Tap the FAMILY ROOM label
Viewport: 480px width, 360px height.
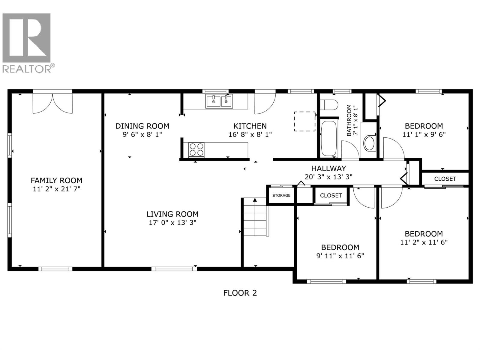[x=56, y=181]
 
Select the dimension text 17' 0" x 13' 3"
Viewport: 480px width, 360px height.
[x=172, y=223]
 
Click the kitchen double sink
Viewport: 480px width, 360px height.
[x=219, y=101]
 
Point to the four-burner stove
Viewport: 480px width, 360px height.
[x=196, y=149]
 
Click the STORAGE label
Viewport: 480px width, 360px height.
[x=281, y=196]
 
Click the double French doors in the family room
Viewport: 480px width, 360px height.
[x=52, y=103]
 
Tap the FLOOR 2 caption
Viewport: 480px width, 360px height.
[x=240, y=293]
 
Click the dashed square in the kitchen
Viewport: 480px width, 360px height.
[x=304, y=121]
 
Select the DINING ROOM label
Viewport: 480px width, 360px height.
[x=142, y=126]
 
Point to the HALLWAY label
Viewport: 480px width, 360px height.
[x=328, y=169]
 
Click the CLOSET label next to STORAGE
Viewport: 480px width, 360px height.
[x=331, y=196]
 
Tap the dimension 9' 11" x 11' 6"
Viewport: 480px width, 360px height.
[x=340, y=256]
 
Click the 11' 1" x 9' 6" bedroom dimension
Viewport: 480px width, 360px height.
[x=424, y=134]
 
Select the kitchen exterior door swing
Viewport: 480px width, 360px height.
[x=265, y=103]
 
